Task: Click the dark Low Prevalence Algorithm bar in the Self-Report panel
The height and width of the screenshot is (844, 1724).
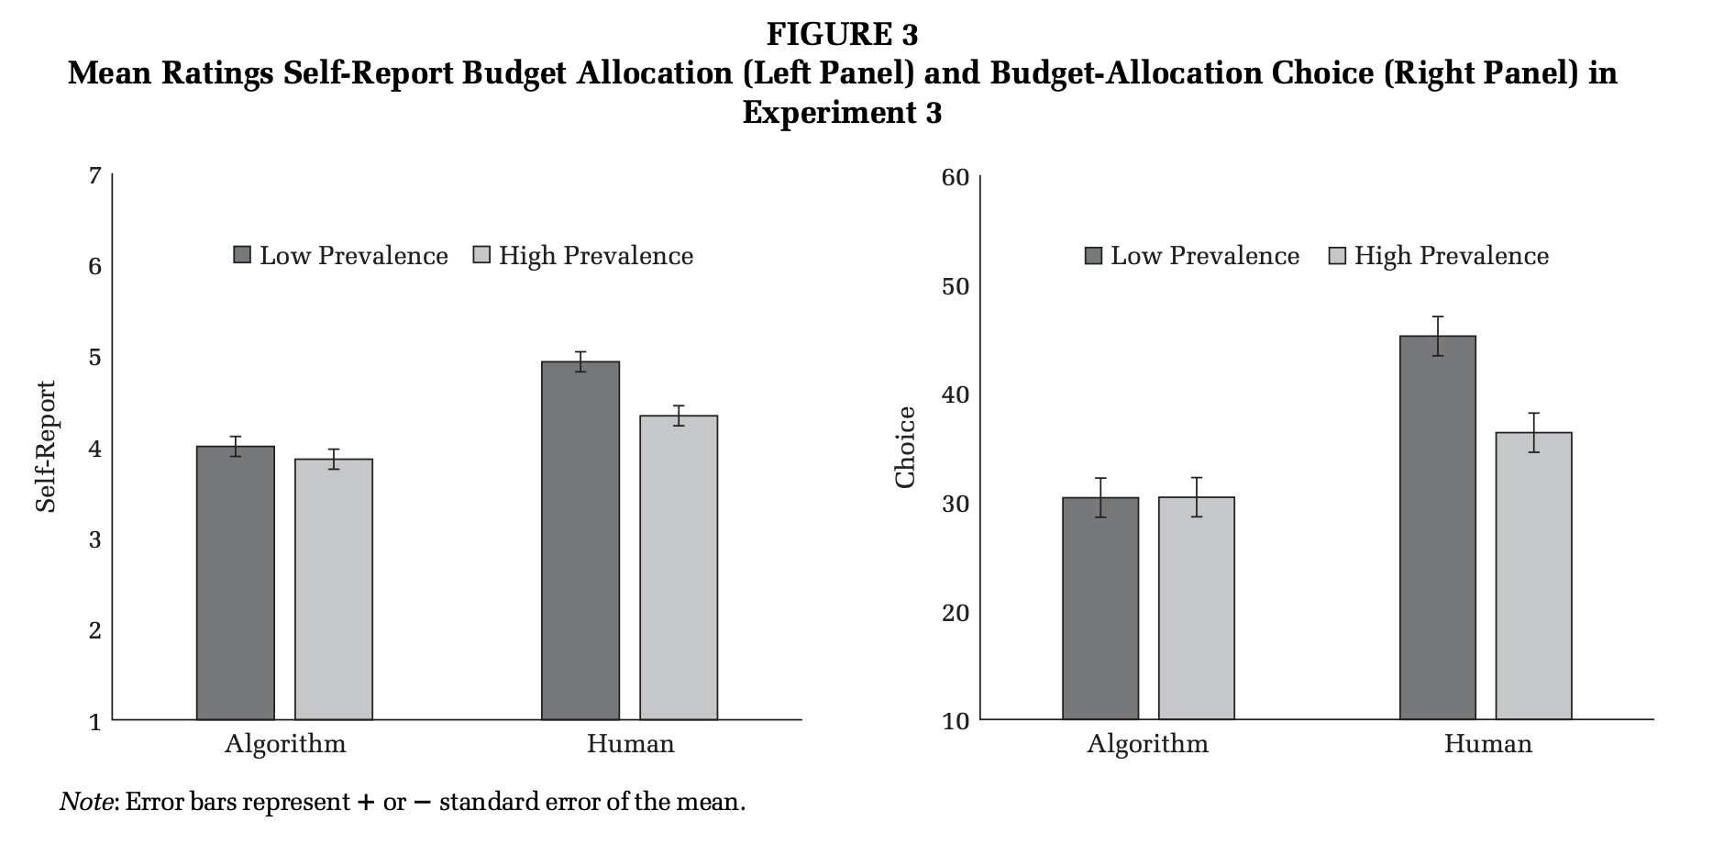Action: (236, 583)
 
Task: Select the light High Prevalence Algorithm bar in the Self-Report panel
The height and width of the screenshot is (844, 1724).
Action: (333, 589)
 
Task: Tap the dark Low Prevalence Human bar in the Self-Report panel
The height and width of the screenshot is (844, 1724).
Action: (580, 540)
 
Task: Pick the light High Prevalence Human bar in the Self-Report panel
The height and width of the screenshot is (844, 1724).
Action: (679, 567)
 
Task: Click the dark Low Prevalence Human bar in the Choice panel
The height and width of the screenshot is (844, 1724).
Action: (1438, 527)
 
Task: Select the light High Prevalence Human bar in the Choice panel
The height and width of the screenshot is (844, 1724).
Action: (1533, 575)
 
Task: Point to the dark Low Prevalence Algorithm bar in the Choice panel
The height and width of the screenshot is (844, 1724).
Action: (1100, 608)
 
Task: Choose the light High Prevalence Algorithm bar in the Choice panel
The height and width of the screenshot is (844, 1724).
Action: (1196, 608)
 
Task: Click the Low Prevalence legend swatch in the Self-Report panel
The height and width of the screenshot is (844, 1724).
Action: (242, 255)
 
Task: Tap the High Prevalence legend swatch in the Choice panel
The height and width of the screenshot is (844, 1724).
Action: (1337, 255)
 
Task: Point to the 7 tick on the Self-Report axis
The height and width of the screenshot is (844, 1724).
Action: (94, 175)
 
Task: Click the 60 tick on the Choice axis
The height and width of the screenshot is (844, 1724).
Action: (956, 177)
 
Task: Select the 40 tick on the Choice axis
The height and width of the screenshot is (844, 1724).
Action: (956, 395)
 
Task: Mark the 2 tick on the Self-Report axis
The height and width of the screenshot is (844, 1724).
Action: (94, 629)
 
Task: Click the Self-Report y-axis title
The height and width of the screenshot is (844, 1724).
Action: (46, 446)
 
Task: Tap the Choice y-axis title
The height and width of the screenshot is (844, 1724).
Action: (905, 447)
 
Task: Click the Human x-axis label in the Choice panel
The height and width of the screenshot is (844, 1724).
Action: (1487, 743)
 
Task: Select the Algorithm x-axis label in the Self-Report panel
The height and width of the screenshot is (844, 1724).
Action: (285, 743)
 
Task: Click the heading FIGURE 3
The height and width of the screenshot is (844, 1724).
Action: (842, 35)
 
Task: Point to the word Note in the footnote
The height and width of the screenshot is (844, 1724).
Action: (87, 803)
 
